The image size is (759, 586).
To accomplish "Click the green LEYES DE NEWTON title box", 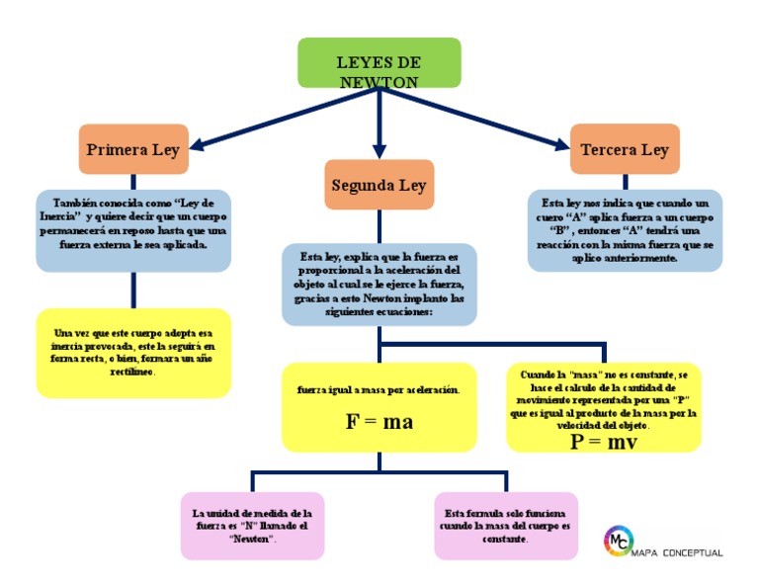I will [x=379, y=62].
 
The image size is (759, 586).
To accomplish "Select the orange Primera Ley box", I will [x=132, y=150].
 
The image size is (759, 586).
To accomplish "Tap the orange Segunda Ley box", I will [x=379, y=185].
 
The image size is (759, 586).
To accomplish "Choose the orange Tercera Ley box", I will [x=625, y=150].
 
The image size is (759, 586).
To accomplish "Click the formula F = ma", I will [x=379, y=423].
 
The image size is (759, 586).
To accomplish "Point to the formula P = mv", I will [x=603, y=442].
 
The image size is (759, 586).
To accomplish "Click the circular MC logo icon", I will [x=618, y=540].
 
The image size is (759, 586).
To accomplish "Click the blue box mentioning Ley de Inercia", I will [x=132, y=230].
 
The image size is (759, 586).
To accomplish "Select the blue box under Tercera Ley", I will [x=625, y=230].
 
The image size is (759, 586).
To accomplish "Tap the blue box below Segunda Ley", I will [x=379, y=285].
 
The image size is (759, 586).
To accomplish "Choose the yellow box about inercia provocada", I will [x=132, y=353].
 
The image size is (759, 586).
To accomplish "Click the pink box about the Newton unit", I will [x=252, y=526].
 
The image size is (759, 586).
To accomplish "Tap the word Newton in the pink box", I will [x=252, y=540].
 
